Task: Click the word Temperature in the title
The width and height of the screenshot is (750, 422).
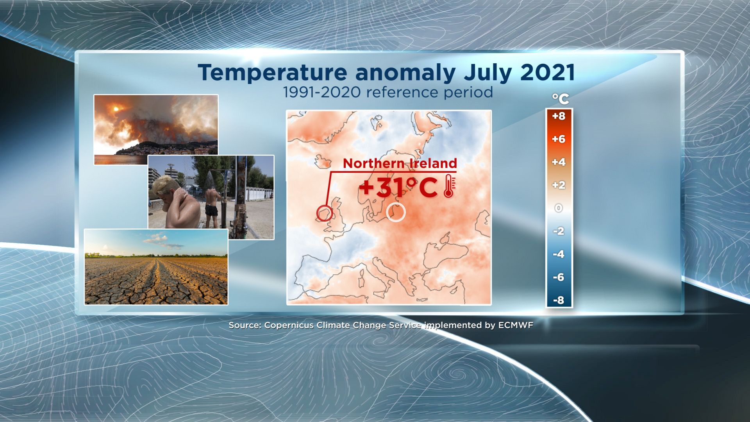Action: click(272, 73)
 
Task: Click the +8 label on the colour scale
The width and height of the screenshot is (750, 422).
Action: click(559, 116)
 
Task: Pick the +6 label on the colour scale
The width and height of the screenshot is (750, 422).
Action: click(559, 139)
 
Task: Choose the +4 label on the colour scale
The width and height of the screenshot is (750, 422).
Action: click(559, 162)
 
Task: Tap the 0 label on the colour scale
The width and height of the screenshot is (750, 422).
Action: click(559, 208)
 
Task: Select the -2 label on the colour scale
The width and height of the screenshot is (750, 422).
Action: click(559, 231)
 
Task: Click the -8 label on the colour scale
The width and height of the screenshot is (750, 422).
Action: click(559, 300)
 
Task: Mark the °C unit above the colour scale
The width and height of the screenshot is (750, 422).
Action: click(561, 99)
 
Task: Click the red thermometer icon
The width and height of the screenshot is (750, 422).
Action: click(449, 186)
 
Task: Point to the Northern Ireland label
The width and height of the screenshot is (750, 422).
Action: click(400, 163)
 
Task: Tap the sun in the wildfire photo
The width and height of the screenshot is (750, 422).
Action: click(116, 107)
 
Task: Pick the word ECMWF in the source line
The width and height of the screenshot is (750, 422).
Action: click(516, 325)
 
